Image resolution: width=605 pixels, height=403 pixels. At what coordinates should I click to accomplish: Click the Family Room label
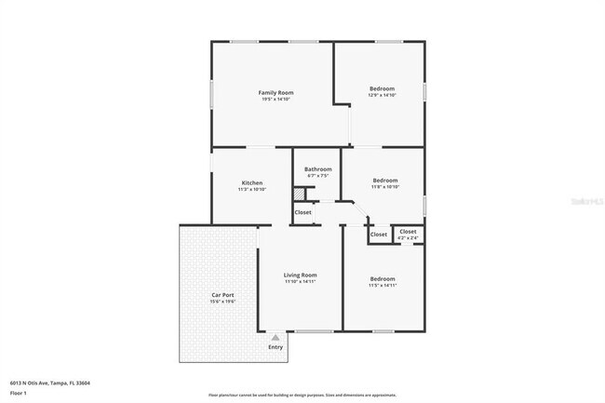(x=276, y=93)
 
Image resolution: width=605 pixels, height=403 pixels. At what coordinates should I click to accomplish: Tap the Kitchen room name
(x=252, y=182)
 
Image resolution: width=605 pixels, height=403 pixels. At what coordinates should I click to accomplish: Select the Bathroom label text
(x=317, y=168)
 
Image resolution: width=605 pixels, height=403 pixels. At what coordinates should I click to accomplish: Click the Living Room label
(x=301, y=275)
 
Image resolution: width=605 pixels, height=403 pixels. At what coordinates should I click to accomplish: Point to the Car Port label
(x=222, y=295)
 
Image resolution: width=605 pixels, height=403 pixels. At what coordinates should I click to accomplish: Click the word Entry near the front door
(x=276, y=347)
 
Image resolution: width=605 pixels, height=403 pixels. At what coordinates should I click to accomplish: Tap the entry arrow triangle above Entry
(x=276, y=338)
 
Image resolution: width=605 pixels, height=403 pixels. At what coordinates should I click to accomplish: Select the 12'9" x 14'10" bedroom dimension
(x=382, y=95)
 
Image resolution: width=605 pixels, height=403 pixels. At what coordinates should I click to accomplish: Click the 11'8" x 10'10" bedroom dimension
(x=385, y=187)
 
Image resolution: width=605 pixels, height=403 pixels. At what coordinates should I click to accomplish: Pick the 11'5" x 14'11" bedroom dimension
(x=382, y=286)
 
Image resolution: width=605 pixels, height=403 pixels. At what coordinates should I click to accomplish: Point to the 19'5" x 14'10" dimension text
(x=276, y=100)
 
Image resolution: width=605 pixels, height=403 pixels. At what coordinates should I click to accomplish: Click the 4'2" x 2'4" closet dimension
(x=408, y=238)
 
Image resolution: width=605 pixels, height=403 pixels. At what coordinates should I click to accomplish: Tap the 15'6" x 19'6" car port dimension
(x=222, y=302)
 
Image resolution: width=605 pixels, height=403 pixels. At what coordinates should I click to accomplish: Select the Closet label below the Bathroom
(x=303, y=212)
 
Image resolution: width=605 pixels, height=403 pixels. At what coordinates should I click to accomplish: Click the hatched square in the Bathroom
(x=300, y=194)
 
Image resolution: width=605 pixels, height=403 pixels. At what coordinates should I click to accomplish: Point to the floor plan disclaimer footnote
(x=302, y=396)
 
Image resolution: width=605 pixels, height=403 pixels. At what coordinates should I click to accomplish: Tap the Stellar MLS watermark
(x=580, y=199)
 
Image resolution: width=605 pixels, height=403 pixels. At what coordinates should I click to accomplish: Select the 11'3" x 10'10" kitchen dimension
(x=252, y=189)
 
